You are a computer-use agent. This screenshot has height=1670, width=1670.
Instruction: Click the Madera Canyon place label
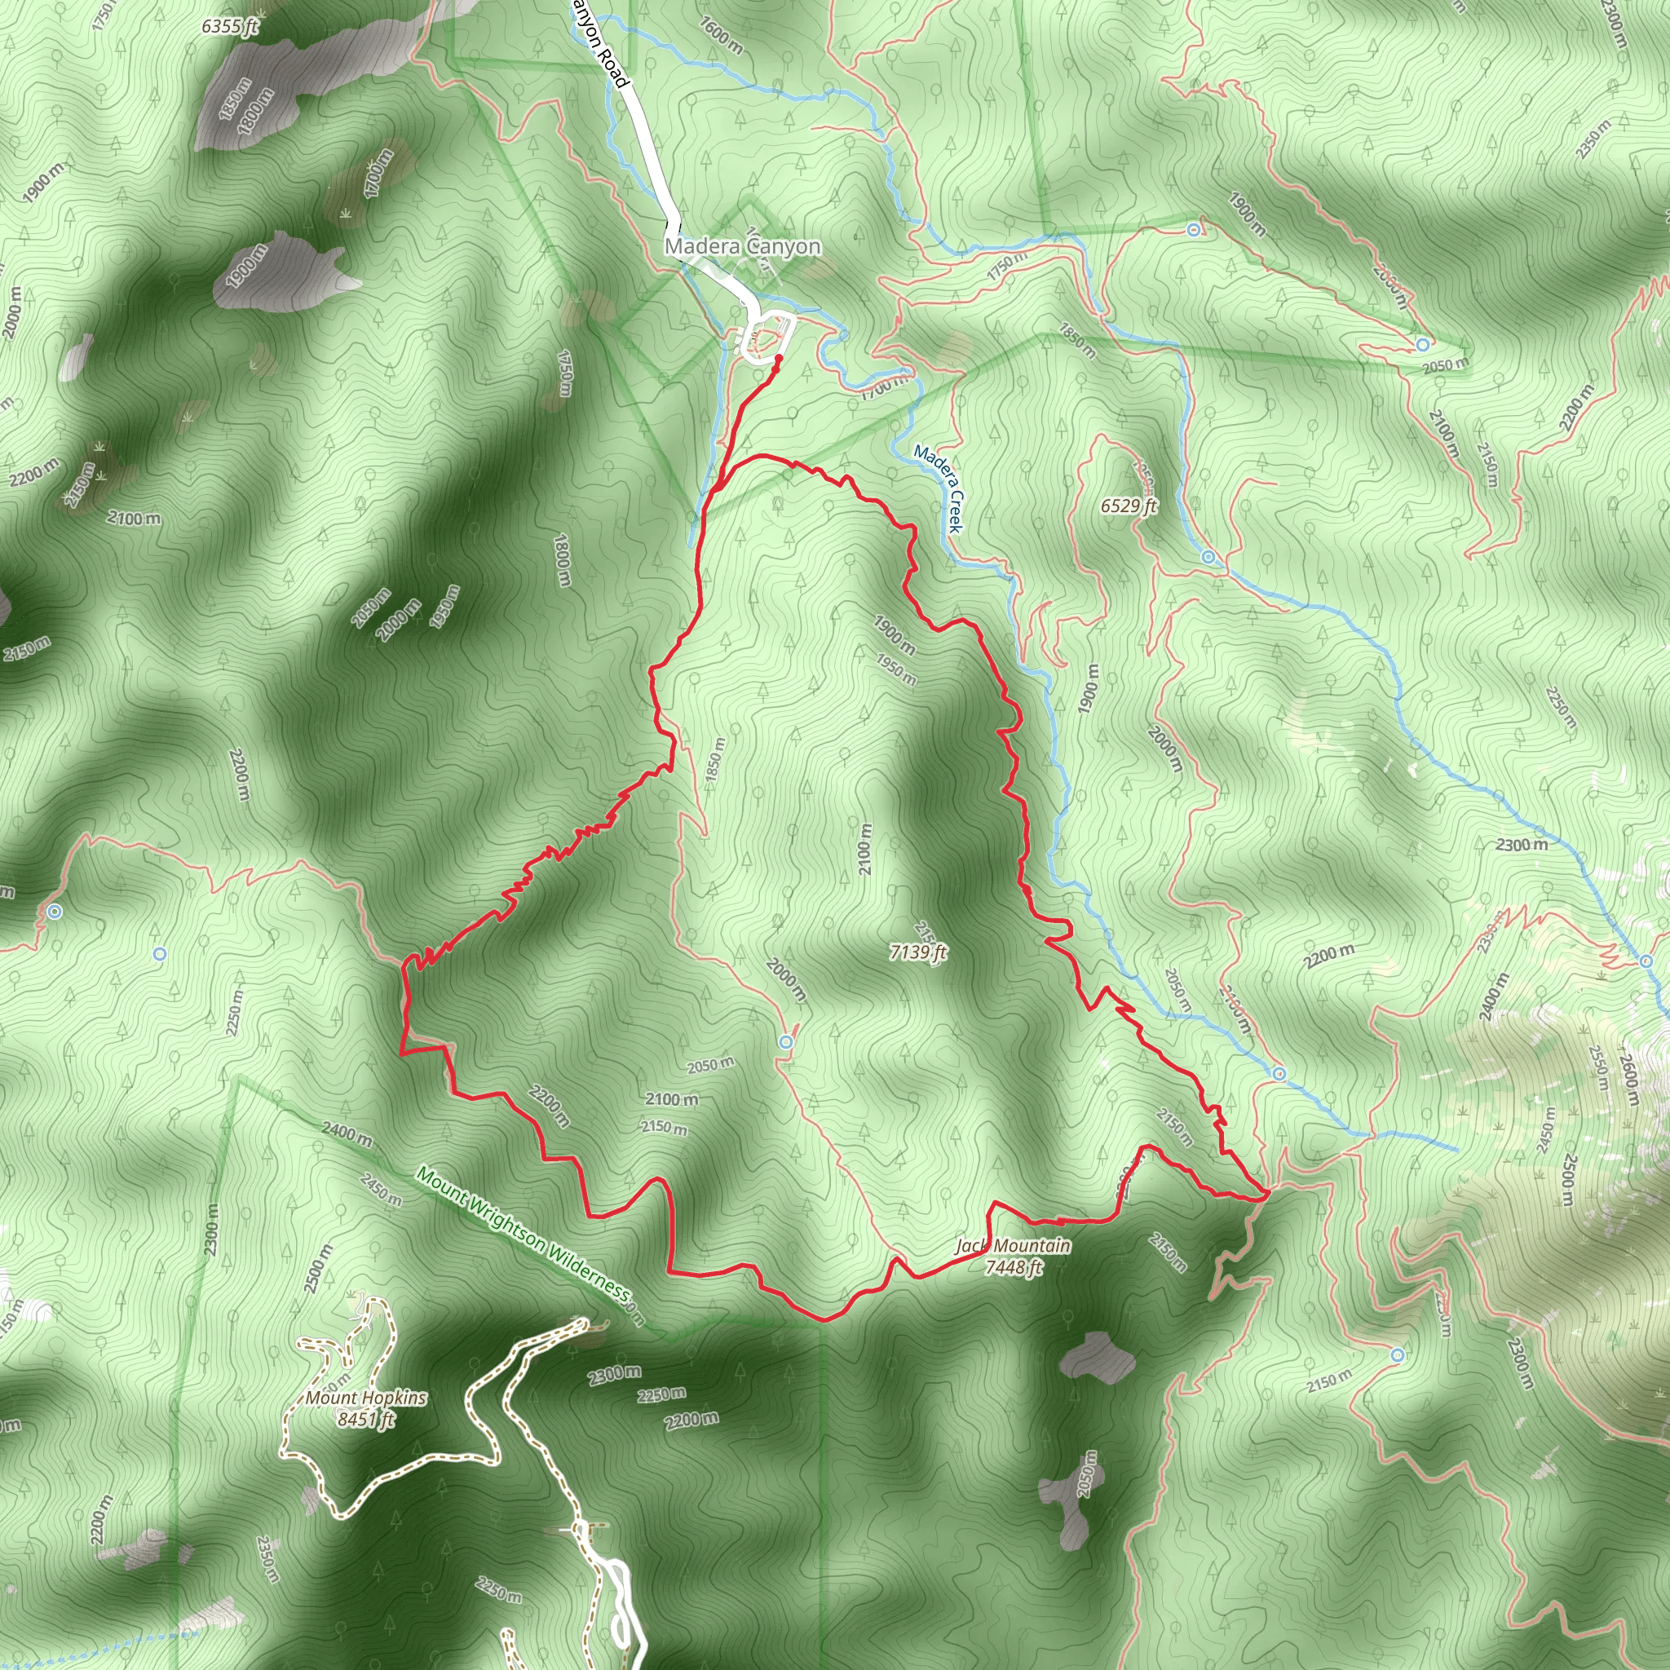743,246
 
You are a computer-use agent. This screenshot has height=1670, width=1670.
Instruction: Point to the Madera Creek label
938,488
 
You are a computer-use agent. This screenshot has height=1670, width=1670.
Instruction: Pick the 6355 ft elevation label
230,27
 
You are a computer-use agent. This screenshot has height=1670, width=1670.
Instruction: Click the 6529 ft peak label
1129,506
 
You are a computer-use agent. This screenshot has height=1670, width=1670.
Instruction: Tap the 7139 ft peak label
918,952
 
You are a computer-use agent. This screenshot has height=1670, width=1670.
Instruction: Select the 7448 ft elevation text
1014,1267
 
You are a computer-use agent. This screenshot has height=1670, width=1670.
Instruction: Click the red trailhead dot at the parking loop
778,358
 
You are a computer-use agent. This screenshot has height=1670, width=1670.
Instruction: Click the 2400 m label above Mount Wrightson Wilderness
347,1133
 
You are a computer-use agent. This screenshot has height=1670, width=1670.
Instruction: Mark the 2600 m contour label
1629,1079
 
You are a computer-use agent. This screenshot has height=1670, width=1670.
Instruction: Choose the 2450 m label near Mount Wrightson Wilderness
381,1190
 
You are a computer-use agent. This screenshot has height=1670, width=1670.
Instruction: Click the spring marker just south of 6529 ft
1208,557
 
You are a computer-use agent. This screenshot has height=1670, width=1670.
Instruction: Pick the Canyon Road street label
599,43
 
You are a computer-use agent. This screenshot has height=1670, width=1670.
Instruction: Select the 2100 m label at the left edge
134,518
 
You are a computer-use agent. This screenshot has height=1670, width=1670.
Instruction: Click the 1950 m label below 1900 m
895,668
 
